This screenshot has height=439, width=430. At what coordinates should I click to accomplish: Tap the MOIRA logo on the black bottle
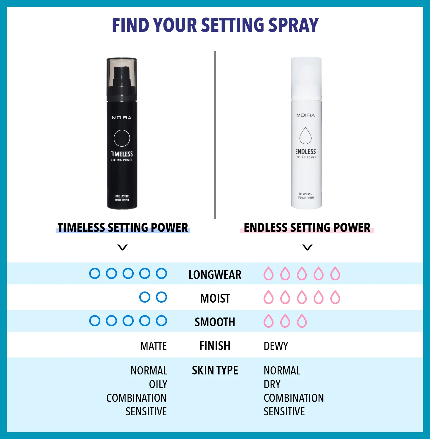pos(122,118)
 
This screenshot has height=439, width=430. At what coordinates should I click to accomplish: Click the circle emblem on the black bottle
pos(122,138)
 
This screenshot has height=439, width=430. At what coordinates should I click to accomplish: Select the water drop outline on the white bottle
pos(305,136)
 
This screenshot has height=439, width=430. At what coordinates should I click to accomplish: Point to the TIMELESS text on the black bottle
pos(122,154)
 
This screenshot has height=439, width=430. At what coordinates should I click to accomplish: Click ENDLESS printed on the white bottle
pos(305,151)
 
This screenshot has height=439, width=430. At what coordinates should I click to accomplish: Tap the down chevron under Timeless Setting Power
pos(122,247)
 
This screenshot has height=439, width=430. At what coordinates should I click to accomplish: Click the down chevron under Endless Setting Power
pos(307,247)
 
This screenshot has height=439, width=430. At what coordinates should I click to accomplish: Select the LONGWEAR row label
pos(215,275)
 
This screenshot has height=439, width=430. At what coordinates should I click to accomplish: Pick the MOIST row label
pos(215,298)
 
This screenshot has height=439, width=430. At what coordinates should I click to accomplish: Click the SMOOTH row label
pos(215,322)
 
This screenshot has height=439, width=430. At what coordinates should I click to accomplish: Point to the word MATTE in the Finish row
pos(153,346)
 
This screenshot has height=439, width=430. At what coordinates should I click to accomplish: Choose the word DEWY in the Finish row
pos(276,346)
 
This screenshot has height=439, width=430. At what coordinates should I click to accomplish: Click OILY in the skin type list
pos(158,384)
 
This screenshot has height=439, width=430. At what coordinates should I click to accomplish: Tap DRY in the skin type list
pos(272,384)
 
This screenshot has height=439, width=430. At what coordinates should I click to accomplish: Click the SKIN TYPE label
pos(215,370)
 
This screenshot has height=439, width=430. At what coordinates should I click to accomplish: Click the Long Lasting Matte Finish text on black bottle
pos(122,198)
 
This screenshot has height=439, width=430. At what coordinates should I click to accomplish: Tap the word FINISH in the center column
pos(215,346)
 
